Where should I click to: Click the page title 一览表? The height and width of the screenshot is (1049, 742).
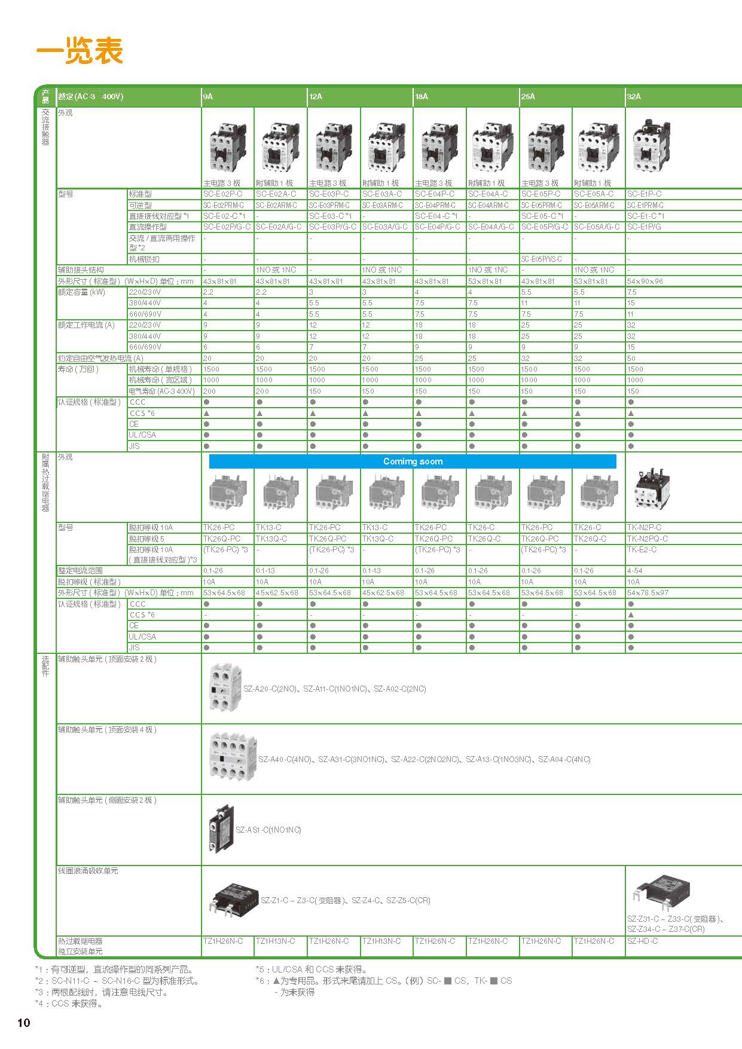80,51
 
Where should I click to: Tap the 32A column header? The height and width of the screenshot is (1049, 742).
634,96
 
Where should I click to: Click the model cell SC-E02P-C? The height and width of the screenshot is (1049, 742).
222,194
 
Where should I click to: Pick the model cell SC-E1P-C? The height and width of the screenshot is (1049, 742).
644,194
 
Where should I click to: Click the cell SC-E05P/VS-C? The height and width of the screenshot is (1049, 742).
541,259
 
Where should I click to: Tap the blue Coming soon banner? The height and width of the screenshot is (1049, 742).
413,461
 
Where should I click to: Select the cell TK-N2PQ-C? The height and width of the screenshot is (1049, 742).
647,539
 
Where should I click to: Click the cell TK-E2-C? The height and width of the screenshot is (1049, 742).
642,550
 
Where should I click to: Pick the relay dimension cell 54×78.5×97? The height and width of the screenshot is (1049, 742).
648,593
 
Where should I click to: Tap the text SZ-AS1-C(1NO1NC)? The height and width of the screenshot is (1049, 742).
268,830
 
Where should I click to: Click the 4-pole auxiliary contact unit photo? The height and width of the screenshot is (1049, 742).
232,759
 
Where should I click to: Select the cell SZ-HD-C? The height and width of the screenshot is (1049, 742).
642,941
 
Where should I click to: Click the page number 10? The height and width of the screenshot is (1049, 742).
23,1023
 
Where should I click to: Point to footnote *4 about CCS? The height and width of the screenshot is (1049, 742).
69,1004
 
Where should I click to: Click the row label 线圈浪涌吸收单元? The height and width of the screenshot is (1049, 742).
88,871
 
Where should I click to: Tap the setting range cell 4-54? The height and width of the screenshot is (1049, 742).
634,571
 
